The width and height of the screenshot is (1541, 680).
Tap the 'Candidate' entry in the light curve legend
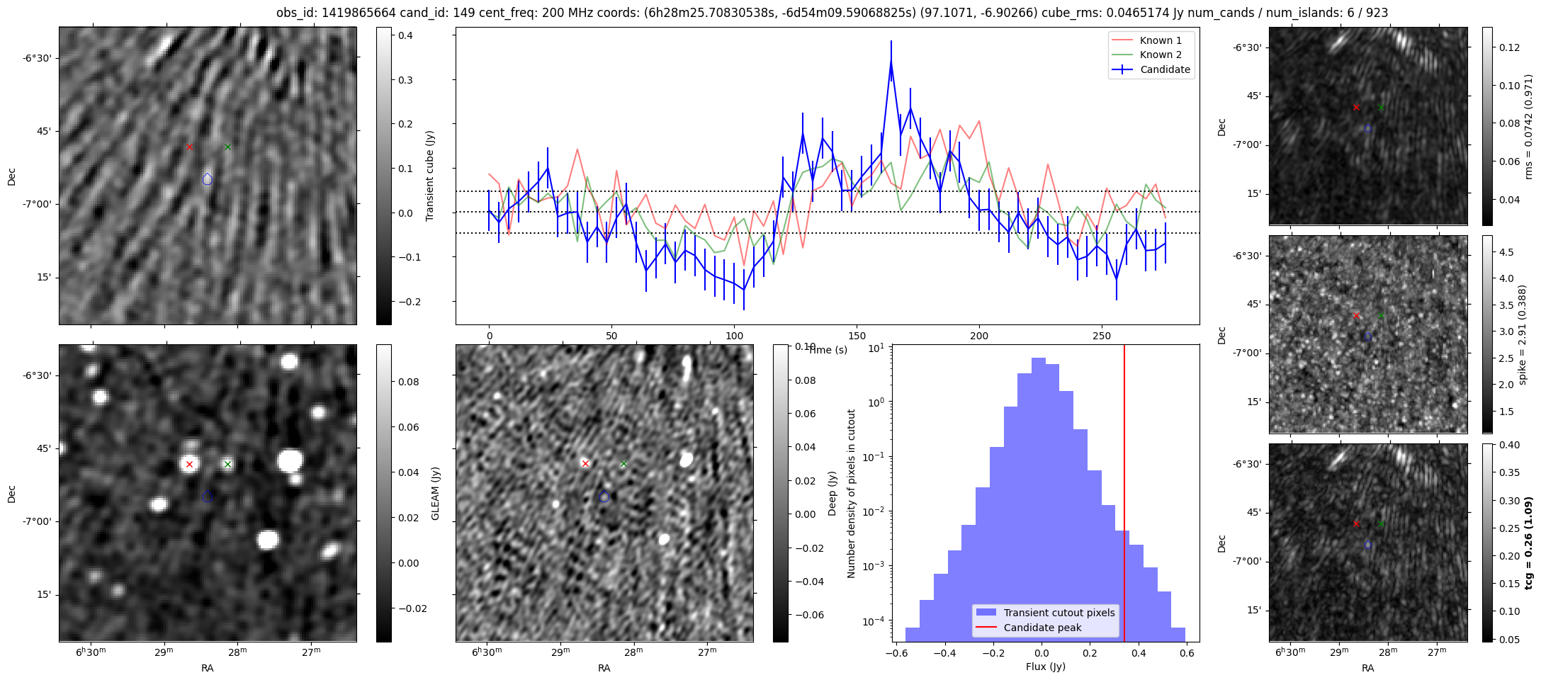(x=1165, y=69)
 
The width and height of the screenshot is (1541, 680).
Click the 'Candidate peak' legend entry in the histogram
(x=1042, y=628)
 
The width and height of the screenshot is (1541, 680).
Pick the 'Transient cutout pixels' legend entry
(x=1059, y=613)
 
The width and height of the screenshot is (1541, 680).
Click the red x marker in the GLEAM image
(x=189, y=465)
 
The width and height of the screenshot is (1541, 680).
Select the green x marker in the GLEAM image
(x=227, y=465)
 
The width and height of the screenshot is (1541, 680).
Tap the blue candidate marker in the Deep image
(x=604, y=497)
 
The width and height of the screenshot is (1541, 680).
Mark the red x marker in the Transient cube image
(x=189, y=147)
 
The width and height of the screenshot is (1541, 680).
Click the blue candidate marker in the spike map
(x=1367, y=337)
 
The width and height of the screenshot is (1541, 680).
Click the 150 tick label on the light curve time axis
(x=857, y=336)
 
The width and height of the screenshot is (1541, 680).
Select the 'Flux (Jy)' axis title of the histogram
(x=1045, y=667)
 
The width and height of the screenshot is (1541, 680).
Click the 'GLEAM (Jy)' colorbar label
(x=435, y=493)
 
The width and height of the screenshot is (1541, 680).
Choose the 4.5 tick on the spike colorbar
(x=1506, y=252)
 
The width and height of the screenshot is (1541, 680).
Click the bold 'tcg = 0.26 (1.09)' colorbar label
(x=1528, y=543)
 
